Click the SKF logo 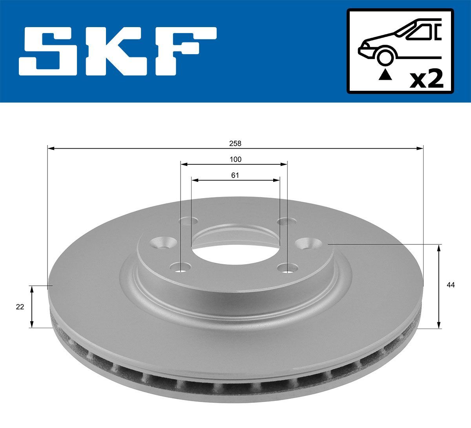(x=118, y=51)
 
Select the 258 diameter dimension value (x=235, y=143)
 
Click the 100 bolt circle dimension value (x=235, y=159)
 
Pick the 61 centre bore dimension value (x=235, y=175)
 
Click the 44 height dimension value (x=451, y=285)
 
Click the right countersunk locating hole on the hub (x=307, y=244)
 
